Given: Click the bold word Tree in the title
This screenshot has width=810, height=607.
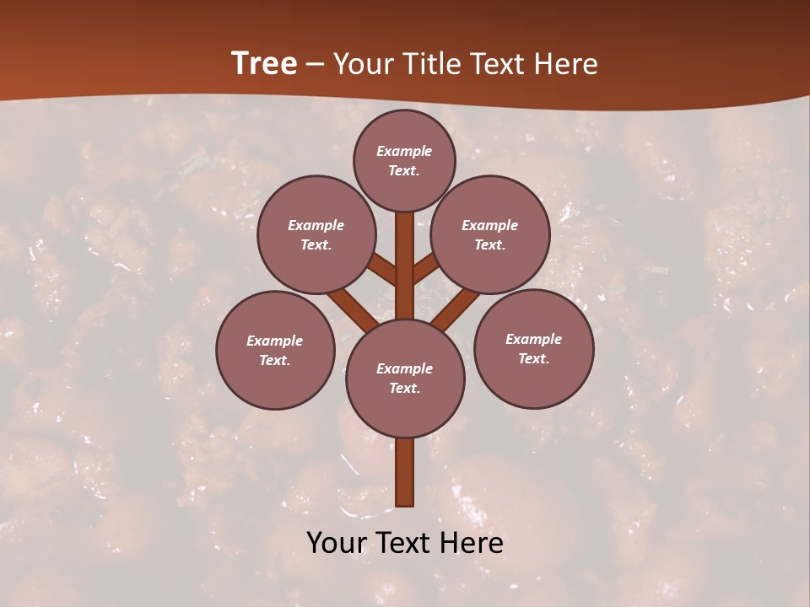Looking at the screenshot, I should (264, 64).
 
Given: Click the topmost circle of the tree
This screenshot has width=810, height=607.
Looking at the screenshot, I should (404, 160).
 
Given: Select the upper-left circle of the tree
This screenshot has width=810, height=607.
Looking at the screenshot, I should (316, 234).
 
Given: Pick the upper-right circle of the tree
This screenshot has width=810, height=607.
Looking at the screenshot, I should (490, 234).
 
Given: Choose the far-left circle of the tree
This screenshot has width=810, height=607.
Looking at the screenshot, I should (275, 350).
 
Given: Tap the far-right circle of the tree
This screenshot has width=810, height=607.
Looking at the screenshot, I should (533, 348).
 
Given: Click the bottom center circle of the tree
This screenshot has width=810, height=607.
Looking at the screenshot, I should (405, 378).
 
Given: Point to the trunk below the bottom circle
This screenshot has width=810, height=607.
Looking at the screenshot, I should (405, 472).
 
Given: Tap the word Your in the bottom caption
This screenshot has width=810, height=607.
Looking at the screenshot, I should (337, 543).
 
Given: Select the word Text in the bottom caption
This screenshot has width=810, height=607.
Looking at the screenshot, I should (403, 543).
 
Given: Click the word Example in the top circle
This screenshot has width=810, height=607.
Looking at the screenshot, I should (404, 151).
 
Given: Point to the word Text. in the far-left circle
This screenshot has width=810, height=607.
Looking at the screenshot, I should (275, 361).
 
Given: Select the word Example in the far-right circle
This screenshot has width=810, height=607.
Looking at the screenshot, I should (533, 339).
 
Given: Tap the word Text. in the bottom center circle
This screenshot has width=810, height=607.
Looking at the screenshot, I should (404, 389).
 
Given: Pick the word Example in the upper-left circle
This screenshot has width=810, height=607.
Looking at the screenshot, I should (316, 225).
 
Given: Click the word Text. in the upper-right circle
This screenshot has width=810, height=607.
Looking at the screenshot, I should (490, 245).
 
